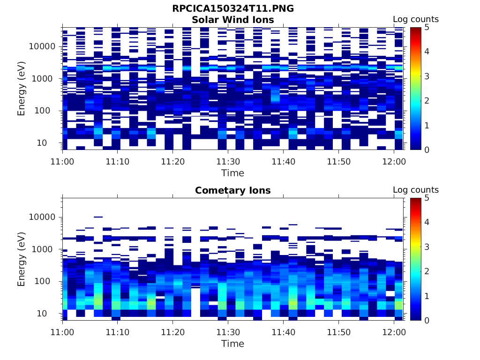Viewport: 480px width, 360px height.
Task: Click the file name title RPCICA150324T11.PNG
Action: (233, 8)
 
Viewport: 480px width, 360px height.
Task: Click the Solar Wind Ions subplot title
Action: (233, 20)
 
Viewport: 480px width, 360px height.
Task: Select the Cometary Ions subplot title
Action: (233, 190)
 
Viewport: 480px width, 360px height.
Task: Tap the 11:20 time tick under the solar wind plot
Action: (173, 161)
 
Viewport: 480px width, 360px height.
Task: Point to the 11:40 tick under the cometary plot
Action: (283, 332)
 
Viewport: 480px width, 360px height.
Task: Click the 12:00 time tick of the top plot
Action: (394, 161)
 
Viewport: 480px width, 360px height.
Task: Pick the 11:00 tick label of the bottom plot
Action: (63, 332)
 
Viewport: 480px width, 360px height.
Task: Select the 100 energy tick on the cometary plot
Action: (49, 281)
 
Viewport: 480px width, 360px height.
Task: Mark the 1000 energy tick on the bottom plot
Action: (46, 249)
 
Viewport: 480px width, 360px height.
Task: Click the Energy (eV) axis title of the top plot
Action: (22, 89)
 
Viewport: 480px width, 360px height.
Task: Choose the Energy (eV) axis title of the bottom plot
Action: (22, 259)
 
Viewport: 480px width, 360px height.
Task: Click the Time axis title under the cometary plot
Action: (233, 344)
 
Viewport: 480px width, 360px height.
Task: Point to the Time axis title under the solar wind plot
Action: (233, 173)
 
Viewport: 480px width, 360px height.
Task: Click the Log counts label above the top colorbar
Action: (416, 19)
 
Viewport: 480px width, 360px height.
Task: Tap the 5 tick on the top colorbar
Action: (427, 27)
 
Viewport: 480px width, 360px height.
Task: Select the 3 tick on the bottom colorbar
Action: (427, 247)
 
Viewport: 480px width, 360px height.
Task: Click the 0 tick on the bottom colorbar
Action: (427, 320)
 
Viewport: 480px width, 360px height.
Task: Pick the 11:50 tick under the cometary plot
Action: (338, 332)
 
